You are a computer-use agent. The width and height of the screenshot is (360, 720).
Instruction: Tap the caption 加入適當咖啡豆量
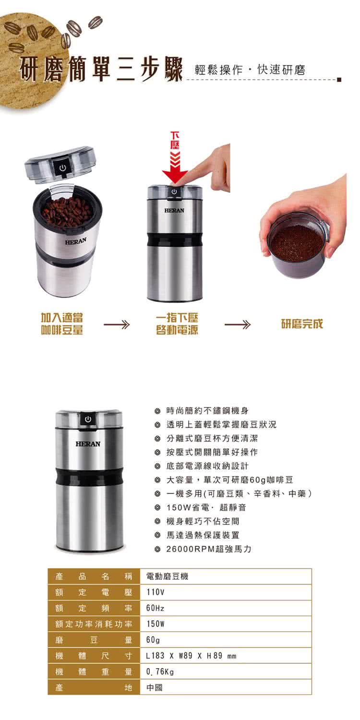62,324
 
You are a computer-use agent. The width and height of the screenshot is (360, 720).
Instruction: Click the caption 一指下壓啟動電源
177,324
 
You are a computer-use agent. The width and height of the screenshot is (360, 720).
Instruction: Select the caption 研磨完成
302,324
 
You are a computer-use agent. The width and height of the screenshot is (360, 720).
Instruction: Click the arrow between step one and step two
117,325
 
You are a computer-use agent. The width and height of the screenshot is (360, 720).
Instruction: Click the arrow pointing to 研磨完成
238,325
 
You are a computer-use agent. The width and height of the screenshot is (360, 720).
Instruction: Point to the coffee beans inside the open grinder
67,211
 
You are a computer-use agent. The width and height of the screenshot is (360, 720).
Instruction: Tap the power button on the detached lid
62,168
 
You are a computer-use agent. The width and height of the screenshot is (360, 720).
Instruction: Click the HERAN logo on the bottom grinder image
88,444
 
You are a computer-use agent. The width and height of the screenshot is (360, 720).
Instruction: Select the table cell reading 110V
156,592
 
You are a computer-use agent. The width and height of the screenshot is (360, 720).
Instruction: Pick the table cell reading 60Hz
156,608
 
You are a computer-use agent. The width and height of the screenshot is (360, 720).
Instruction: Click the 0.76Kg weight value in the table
160,672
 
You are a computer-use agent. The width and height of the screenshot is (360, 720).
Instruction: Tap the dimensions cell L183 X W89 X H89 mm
191,656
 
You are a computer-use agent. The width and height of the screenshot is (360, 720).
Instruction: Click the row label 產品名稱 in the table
94,576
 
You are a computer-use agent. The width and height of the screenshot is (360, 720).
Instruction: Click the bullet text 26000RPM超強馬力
209,549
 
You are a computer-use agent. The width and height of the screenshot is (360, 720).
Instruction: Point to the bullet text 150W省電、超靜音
206,507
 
